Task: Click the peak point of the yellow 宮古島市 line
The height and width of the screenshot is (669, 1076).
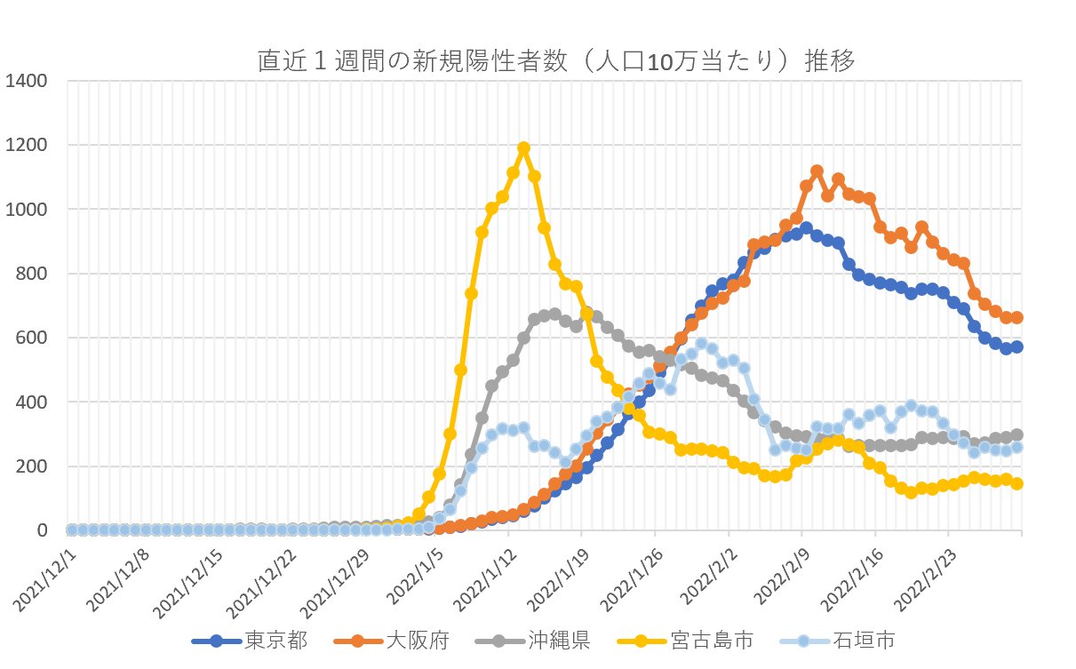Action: coord(523,148)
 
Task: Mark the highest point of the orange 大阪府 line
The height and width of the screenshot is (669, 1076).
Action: coord(817,171)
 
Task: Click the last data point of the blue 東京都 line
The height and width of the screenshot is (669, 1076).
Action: coord(1016,346)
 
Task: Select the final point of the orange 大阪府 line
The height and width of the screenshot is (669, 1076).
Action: coord(1016,317)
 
